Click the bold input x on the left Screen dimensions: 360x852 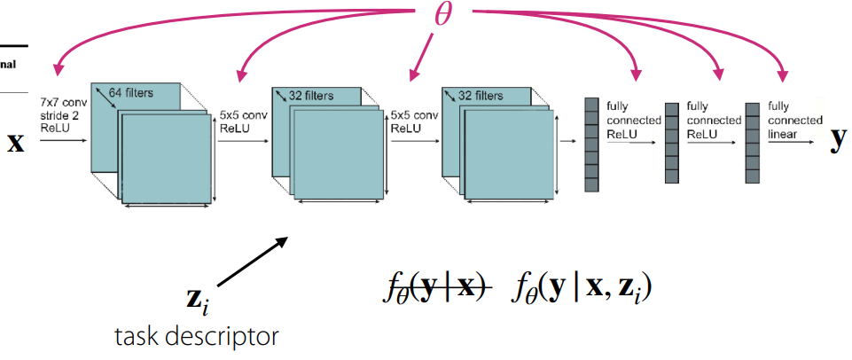[16, 142]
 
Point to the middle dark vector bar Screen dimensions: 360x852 [672, 142]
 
